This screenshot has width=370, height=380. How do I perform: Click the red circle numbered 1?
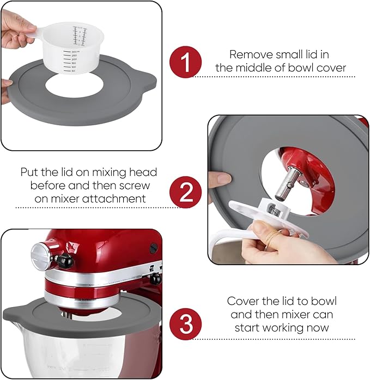tap(185, 62)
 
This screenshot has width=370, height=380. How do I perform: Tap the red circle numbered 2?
tap(185, 192)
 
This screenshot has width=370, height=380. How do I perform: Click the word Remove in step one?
tap(248, 54)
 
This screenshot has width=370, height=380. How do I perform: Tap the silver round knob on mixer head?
tap(43, 254)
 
